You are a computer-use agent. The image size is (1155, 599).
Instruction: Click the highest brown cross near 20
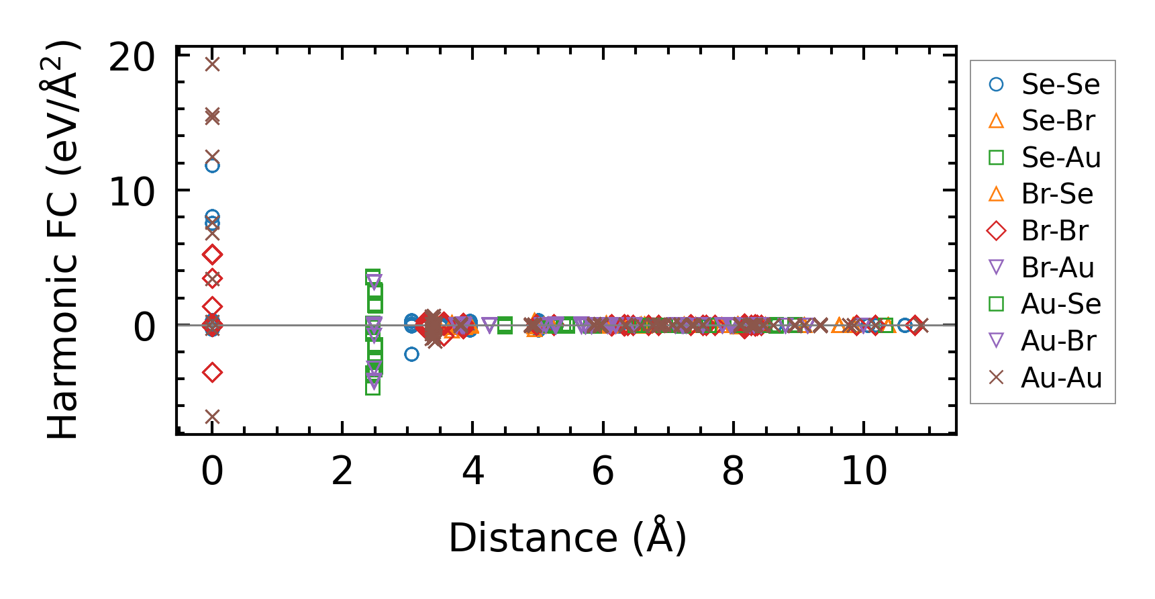click(212, 64)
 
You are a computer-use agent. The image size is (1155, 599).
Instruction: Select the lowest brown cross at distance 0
click(212, 417)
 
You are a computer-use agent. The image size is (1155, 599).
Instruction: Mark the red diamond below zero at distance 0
click(212, 372)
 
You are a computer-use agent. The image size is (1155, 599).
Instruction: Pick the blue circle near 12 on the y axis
click(212, 165)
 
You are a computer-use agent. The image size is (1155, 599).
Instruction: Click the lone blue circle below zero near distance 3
click(411, 354)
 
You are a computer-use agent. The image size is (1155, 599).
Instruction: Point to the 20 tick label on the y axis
click(132, 58)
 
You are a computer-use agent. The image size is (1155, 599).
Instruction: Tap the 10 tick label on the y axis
click(132, 193)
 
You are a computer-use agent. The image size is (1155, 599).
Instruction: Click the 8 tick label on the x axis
click(733, 471)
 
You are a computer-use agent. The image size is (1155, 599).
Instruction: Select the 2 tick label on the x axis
click(342, 471)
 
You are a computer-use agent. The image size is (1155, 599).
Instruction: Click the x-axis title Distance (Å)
click(567, 538)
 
